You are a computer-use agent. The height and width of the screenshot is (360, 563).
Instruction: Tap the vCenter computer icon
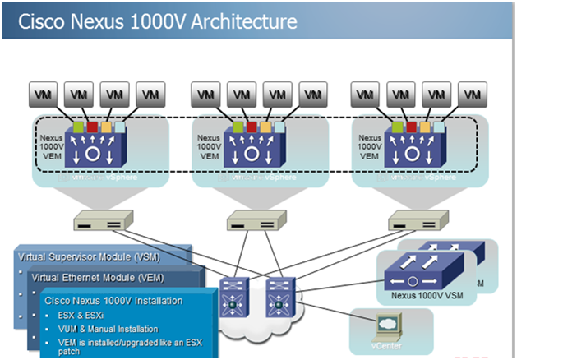click(x=386, y=324)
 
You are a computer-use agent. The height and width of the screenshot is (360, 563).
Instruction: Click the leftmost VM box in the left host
click(x=43, y=94)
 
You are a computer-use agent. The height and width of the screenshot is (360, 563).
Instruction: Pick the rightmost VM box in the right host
click(x=470, y=94)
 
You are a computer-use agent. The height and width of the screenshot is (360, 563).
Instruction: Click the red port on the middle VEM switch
click(x=252, y=127)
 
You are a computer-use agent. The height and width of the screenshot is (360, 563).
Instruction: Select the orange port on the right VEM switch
click(x=425, y=127)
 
